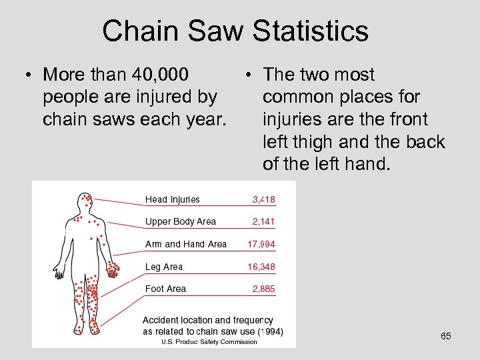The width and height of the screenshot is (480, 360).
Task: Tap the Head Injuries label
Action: [172, 199]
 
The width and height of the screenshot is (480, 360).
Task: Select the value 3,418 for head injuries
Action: [263, 199]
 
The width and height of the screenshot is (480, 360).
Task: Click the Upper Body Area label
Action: [181, 221]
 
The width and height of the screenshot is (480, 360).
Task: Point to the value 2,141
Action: [263, 221]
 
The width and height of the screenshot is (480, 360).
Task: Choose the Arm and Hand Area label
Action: [186, 244]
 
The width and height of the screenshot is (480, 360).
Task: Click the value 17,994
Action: [261, 244]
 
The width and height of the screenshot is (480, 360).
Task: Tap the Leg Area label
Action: [164, 267]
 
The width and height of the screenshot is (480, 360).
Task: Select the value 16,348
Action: [261, 267]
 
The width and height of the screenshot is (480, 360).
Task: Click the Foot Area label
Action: [166, 289]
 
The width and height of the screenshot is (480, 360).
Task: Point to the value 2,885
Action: [263, 289]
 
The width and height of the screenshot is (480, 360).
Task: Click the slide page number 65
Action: [446, 336]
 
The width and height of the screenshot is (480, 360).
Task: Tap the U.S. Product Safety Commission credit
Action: [209, 342]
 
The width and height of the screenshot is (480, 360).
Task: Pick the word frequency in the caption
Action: [245, 321]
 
